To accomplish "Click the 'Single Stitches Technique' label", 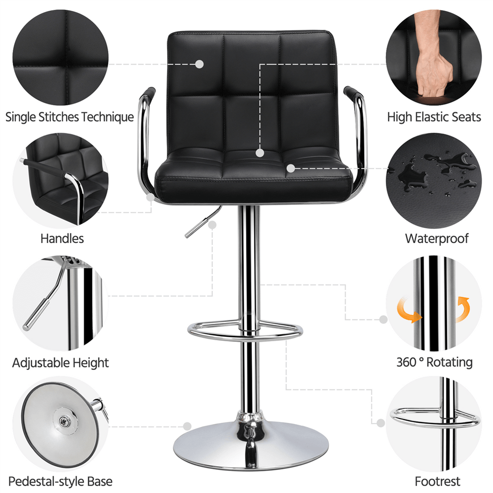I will (69, 117).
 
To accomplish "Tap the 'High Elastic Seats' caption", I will (434, 117).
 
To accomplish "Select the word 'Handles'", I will (62, 239).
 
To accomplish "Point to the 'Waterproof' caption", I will (436, 239).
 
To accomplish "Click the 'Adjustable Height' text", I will (61, 363).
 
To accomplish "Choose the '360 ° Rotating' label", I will (434, 363).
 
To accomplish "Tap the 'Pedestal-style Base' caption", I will (60, 481).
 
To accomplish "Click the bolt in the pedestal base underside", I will (64, 422).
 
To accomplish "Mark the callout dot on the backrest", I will (199, 64).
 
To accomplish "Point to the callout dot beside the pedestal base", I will (187, 426).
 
